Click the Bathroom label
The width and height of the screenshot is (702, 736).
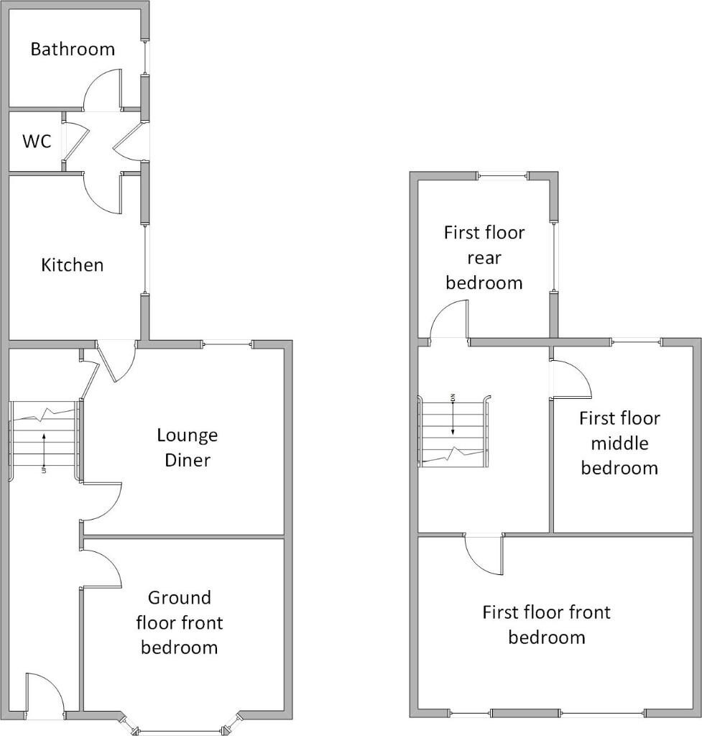pyautogui.click(x=73, y=50)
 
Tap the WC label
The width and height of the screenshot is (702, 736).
pyautogui.click(x=37, y=142)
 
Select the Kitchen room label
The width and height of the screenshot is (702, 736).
pyautogui.click(x=72, y=265)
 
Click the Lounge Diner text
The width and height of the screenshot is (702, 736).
pyautogui.click(x=187, y=447)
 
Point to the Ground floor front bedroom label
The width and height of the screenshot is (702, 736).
pyautogui.click(x=179, y=622)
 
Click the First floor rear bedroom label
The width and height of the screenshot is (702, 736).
pyautogui.click(x=484, y=257)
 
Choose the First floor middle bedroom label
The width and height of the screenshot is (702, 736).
pyautogui.click(x=619, y=443)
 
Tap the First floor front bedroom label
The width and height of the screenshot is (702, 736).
pyautogui.click(x=546, y=624)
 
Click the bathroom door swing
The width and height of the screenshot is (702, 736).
pyautogui.click(x=101, y=91)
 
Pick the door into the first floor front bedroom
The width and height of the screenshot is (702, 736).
pyautogui.click(x=484, y=554)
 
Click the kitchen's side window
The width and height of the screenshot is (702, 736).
pyautogui.click(x=145, y=261)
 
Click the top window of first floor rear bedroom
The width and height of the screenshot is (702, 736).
pyautogui.click(x=502, y=176)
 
